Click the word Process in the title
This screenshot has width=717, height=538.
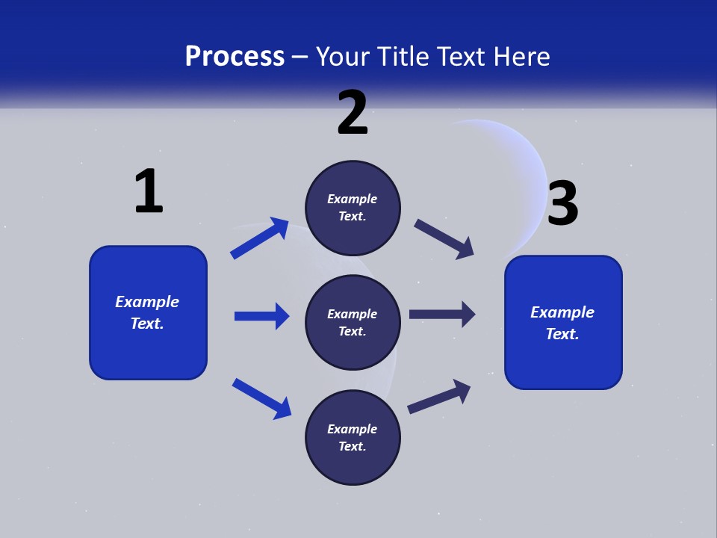[235, 57]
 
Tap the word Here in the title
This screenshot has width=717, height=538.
[520, 57]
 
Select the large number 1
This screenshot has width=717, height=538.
[149, 192]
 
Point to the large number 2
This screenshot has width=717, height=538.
[353, 113]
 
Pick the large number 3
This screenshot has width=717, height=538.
[563, 204]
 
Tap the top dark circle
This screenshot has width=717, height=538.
[353, 207]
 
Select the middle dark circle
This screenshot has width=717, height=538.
[353, 322]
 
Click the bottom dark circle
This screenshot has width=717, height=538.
[353, 437]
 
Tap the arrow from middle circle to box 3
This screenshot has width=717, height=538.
[442, 314]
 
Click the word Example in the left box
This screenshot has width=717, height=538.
[147, 302]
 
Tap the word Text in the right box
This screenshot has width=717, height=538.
[562, 334]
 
